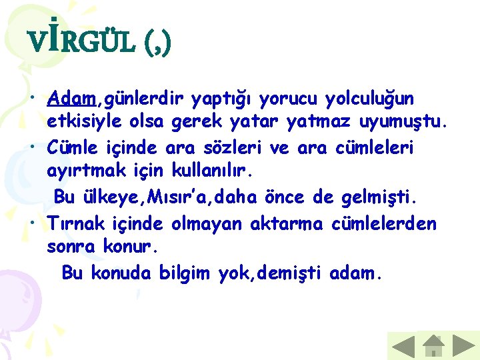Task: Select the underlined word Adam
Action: (x=72, y=99)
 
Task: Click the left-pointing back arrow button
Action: (x=402, y=347)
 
